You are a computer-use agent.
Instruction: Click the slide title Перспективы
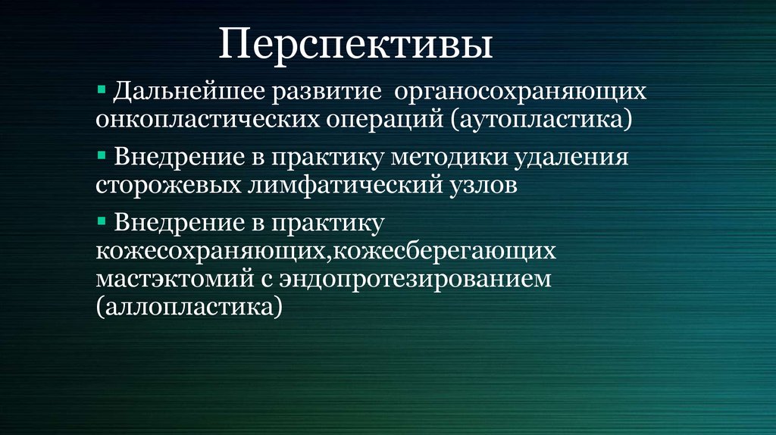coord(355,45)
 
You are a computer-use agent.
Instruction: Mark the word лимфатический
coord(339,185)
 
